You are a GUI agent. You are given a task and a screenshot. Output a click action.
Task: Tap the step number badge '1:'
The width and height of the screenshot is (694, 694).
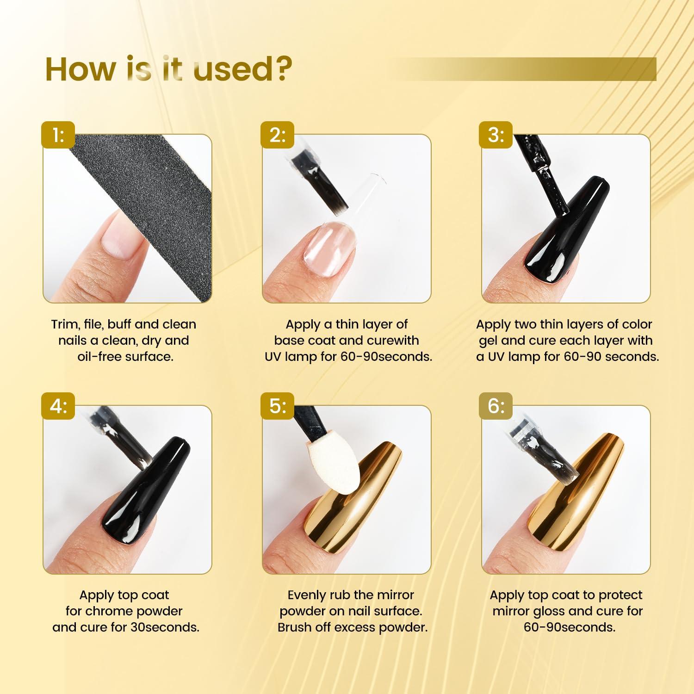[x=58, y=135]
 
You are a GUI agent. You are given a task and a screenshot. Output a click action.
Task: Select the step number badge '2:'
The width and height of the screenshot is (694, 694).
[x=278, y=135]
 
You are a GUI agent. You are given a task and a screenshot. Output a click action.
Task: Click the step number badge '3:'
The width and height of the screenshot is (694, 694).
[x=496, y=135]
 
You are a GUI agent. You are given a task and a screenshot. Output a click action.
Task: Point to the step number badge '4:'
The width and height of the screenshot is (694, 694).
[x=58, y=406]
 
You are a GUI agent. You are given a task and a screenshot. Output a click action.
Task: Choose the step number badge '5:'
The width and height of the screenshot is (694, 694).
[x=278, y=406]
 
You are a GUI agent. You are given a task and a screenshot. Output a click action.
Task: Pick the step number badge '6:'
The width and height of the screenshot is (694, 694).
[x=496, y=406]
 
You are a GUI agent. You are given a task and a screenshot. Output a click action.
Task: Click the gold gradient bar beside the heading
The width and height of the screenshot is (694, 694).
[x=523, y=69]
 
